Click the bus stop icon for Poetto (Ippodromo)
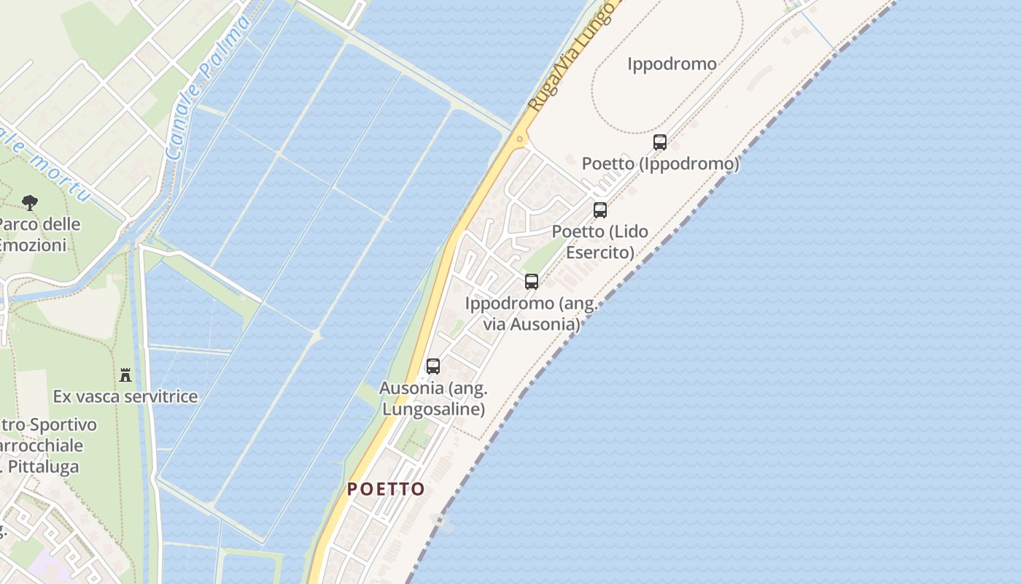pyautogui.click(x=660, y=142)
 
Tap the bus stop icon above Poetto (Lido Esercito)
pyautogui.click(x=600, y=210)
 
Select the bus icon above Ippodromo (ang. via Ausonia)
pyautogui.click(x=532, y=282)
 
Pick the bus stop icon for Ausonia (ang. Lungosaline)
pyautogui.click(x=433, y=366)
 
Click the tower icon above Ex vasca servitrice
pyautogui.click(x=125, y=375)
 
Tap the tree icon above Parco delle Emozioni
pyautogui.click(x=30, y=202)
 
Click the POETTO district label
pyautogui.click(x=386, y=489)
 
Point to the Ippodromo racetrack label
pyautogui.click(x=672, y=64)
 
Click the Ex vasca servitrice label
pyautogui.click(x=125, y=396)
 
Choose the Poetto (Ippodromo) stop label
pyautogui.click(x=660, y=164)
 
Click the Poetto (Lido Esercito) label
pyautogui.click(x=600, y=242)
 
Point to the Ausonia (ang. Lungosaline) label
pyautogui.click(x=433, y=399)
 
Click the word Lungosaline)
pyautogui.click(x=433, y=409)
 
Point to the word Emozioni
pyautogui.click(x=34, y=245)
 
